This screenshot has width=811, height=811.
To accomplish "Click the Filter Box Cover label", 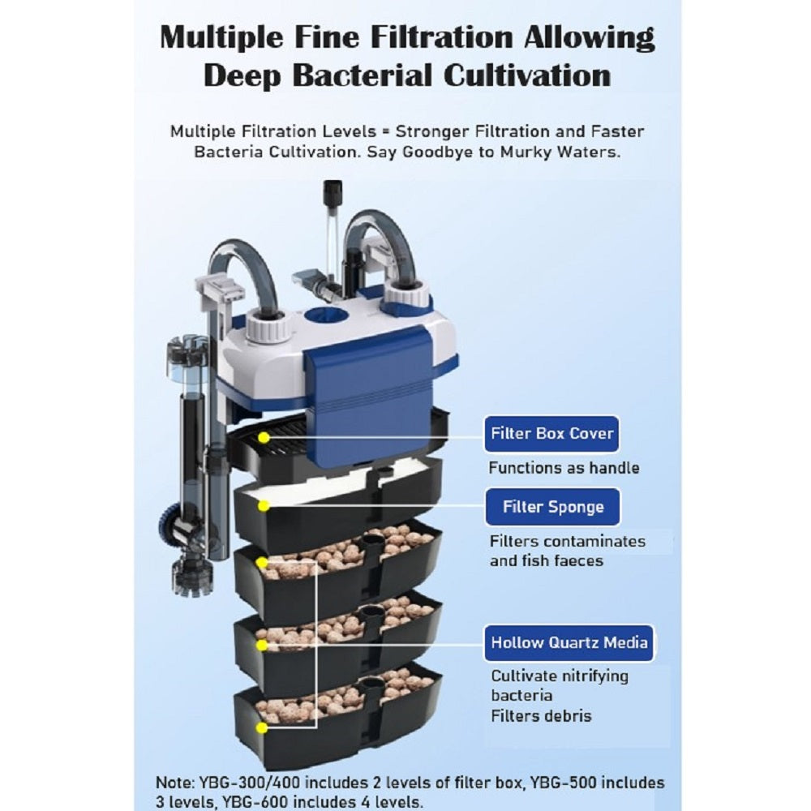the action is [551, 433].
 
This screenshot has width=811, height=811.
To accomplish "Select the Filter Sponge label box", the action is [552, 506].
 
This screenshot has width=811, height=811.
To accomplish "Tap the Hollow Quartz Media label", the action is [569, 643].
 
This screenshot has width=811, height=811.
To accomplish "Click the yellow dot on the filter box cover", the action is [264, 438].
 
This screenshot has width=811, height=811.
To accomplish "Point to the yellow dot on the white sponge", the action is [264, 505].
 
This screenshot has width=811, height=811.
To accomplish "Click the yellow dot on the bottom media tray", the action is [262, 727].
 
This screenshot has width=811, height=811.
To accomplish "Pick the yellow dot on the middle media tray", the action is [262, 646].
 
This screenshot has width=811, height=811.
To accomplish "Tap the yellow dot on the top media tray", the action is [262, 562].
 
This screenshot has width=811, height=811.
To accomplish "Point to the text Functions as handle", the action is [564, 468].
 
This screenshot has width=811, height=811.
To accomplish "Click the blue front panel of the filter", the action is [368, 393].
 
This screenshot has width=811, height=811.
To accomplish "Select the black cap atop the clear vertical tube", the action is [332, 194].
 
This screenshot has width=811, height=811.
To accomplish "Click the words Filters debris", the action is [541, 716].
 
